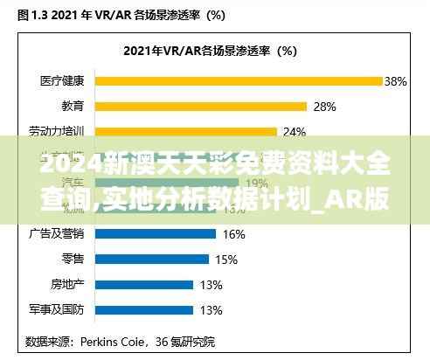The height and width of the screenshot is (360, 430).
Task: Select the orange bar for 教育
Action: point(200,107)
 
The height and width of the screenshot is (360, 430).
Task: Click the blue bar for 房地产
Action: point(144,284)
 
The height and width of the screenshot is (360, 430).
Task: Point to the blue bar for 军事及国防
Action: point(144,309)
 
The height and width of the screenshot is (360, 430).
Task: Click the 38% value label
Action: point(396,81)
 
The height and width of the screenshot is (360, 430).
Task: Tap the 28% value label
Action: point(324,107)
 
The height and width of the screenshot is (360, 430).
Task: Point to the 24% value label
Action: point(295,132)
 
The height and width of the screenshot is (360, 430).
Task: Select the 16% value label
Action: point(233,233)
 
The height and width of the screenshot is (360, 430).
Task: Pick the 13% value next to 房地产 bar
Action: point(211,284)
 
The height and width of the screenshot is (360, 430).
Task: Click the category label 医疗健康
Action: point(62,81)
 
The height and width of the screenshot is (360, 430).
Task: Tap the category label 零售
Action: point(73,259)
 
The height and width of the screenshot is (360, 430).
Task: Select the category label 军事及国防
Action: point(57,309)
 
